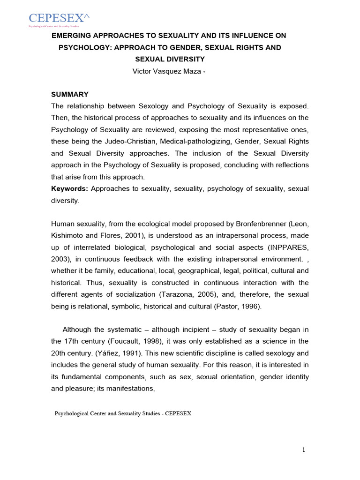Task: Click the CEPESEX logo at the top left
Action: tap(59, 19)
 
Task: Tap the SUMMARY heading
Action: tap(70, 94)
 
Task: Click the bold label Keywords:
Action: tap(69, 188)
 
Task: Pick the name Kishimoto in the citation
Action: tap(67, 235)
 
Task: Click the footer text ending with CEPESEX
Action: tap(123, 414)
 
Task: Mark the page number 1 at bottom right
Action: tap(303, 450)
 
